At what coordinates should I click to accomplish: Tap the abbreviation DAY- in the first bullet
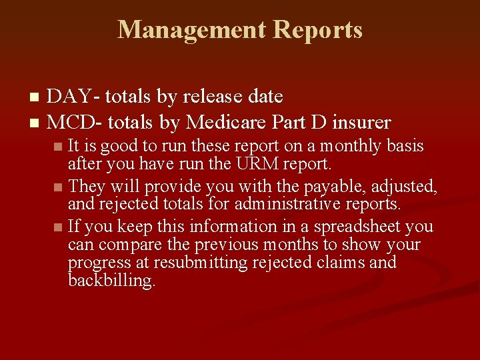point(74,97)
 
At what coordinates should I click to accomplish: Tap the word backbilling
point(111,281)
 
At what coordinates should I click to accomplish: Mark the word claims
point(339,263)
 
